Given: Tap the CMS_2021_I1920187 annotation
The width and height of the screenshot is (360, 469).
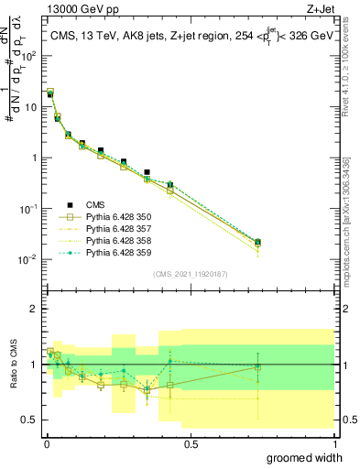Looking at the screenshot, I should (x=191, y=273).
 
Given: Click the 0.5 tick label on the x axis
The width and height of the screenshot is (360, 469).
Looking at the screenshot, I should (x=191, y=442).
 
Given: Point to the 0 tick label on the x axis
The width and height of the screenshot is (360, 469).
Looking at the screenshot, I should (x=46, y=442).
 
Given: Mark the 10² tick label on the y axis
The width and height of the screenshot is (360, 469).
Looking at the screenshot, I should (x=28, y=56).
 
